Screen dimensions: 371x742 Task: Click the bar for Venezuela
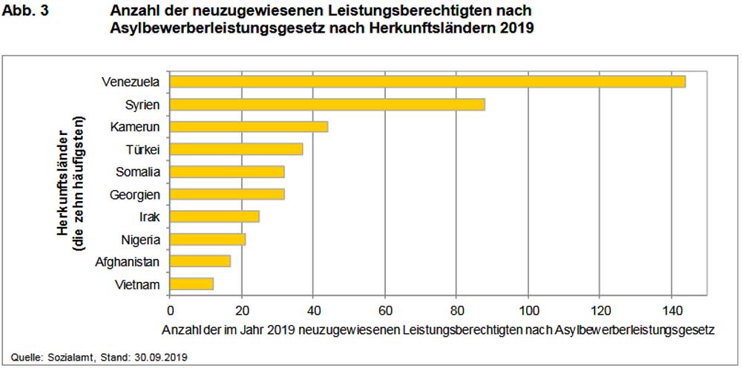pyautogui.click(x=427, y=82)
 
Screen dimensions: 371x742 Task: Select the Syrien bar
pyautogui.click(x=327, y=104)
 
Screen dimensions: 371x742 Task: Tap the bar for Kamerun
pyautogui.click(x=249, y=127)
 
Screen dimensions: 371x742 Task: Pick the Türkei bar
pyautogui.click(x=236, y=149)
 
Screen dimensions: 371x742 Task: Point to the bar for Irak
pyautogui.click(x=214, y=217)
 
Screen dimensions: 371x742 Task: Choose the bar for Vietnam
pyautogui.click(x=191, y=284)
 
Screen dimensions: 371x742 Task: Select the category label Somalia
pyautogui.click(x=138, y=172)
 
